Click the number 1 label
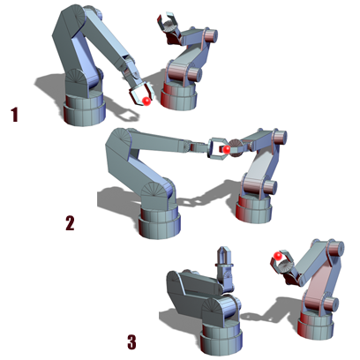14,115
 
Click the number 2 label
70,223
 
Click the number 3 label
131,342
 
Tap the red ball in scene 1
146,101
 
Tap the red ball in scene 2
226,149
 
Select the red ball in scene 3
277,256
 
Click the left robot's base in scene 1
84,109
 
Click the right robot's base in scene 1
178,96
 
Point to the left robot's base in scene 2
159,221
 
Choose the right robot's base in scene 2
254,208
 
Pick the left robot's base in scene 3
221,338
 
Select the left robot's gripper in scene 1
141,93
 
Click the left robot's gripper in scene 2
216,148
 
